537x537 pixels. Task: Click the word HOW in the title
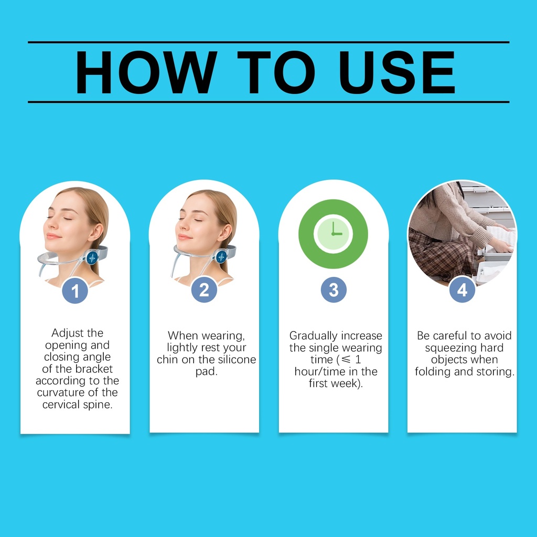146,72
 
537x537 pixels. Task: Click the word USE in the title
397,72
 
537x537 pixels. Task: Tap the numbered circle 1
75,291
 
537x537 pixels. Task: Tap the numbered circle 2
204,289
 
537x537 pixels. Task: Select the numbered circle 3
334,289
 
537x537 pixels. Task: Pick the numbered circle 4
462,289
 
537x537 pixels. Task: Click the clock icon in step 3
333,234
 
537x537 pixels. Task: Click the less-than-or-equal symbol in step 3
347,359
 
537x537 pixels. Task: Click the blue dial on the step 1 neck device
92,257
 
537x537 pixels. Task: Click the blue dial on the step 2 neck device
221,256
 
